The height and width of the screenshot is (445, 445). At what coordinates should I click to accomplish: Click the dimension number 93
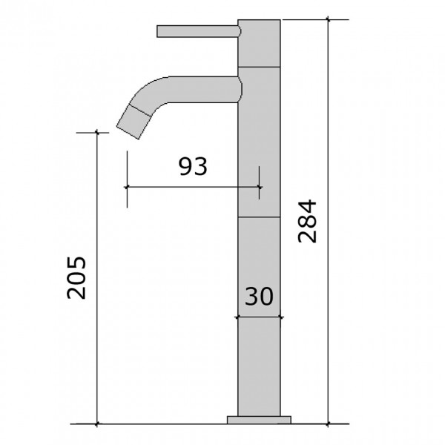(193, 167)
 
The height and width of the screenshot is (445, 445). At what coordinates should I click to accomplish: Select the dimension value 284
(306, 221)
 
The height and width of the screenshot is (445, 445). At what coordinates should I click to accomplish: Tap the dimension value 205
(77, 277)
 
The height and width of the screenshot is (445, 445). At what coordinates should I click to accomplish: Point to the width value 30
(259, 296)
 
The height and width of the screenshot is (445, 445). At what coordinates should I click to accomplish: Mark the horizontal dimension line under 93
(193, 187)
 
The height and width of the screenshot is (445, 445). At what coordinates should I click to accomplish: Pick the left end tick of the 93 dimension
(127, 187)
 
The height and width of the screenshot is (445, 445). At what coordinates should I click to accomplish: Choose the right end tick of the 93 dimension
(260, 187)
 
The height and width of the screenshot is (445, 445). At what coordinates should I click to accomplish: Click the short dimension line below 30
(259, 317)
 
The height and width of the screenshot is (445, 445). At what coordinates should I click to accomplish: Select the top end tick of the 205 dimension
(96, 133)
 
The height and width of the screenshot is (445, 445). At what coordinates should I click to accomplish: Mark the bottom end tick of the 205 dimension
(96, 424)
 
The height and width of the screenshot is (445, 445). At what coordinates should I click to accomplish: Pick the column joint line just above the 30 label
(259, 217)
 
